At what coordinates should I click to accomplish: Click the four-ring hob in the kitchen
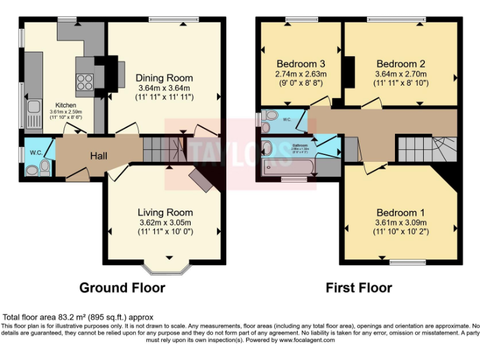(84, 82)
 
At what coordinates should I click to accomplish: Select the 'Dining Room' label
(164, 78)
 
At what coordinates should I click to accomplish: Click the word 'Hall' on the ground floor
(97, 155)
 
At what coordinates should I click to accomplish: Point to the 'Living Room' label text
(165, 212)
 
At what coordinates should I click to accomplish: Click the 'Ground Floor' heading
(122, 288)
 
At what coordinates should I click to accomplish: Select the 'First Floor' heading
(359, 288)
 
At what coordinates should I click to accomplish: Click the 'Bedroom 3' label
(301, 64)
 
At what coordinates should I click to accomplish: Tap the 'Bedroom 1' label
(401, 212)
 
